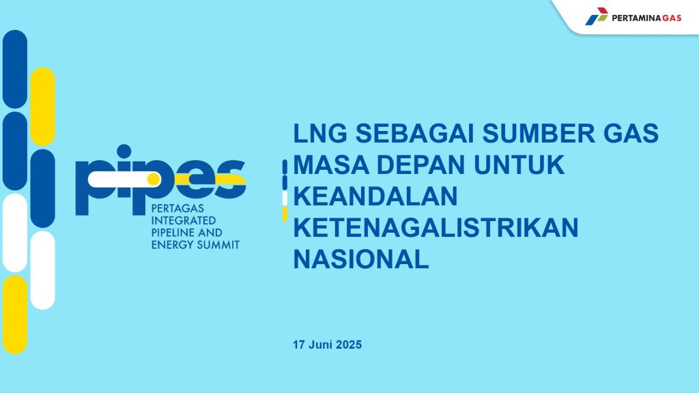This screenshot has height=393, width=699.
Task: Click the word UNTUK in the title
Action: [519, 164]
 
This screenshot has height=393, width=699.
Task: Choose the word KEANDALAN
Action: [375, 196]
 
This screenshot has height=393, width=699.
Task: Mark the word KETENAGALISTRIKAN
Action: [436, 227]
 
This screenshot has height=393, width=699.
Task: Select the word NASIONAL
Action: [361, 259]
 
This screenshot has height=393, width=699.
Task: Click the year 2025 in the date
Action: [349, 345]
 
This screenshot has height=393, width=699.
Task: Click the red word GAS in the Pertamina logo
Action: [672, 18]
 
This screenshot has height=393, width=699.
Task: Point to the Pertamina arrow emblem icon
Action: [597, 16]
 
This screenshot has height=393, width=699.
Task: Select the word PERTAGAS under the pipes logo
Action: [177, 209]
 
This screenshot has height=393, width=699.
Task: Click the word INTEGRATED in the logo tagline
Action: [184, 220]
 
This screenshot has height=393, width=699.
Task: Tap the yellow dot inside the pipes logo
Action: [154, 179]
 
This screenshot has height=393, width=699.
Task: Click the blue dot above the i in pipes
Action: [124, 151]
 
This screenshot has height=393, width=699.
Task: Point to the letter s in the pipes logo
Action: [230, 179]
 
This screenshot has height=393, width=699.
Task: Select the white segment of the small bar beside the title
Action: [285, 199]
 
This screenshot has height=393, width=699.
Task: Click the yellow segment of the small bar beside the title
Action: [285, 214]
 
